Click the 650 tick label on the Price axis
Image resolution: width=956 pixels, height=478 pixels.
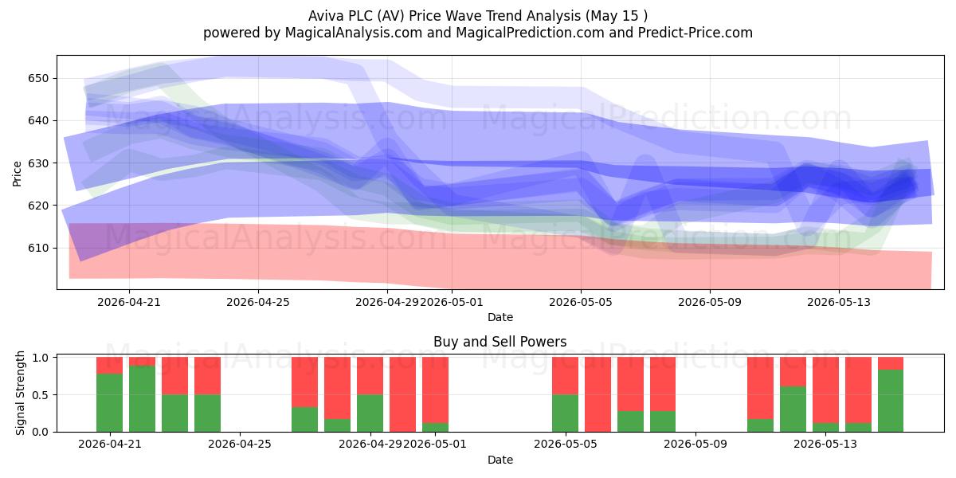pos(38,79)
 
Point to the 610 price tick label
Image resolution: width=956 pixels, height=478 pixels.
pos(38,248)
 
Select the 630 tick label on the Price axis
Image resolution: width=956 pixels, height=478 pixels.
pos(38,163)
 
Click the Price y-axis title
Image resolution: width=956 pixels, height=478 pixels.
pos(17,174)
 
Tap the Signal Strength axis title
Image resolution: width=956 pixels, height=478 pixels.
pos(20,393)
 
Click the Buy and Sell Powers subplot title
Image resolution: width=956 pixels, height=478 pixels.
pos(500,342)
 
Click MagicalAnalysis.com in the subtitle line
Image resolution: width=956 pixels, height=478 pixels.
pos(354,33)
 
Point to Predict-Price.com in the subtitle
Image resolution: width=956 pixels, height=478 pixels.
pos(695,33)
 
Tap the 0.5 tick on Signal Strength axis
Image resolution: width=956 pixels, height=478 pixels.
pos(40,395)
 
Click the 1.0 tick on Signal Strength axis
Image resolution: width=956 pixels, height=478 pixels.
pos(40,358)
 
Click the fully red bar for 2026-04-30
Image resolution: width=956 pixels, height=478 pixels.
pos(402,394)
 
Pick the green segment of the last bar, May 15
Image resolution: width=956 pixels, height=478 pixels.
pos(891,401)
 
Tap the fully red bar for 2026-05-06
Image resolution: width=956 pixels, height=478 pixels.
pos(598,394)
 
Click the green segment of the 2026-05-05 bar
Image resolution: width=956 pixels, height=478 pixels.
pos(565,413)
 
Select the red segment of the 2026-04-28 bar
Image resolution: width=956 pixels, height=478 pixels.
pos(337,388)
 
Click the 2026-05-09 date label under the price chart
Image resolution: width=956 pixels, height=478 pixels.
pos(710,302)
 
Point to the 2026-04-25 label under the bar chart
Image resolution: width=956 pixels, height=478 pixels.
pos(240,444)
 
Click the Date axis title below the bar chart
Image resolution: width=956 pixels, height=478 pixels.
pos(500,460)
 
